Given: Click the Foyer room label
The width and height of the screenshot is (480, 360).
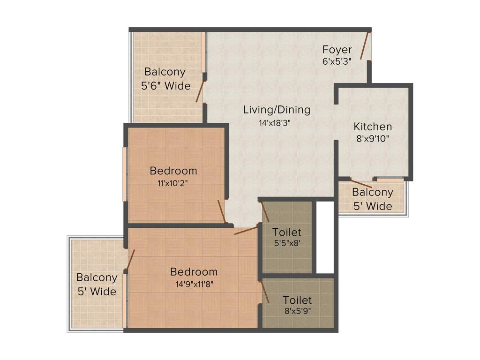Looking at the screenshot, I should [x=337, y=50].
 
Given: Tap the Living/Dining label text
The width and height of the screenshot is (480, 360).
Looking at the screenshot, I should [x=277, y=110].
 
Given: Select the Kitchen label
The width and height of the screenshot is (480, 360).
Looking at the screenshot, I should [x=373, y=127].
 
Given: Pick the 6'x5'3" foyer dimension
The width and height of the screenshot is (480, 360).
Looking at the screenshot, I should [x=337, y=61].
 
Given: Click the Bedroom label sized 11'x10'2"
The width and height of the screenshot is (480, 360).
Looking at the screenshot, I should [x=173, y=170].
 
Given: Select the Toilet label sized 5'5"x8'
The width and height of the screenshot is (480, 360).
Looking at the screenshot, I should [x=287, y=232].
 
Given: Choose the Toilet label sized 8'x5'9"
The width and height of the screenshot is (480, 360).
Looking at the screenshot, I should [x=297, y=300].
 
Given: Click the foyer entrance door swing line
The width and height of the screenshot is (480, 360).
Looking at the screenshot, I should [x=365, y=45].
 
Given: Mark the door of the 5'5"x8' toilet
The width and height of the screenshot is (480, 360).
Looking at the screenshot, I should [x=265, y=211].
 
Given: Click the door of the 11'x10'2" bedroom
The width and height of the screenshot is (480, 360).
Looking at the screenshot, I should [x=222, y=212].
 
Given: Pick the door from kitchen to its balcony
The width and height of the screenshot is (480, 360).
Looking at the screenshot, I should [x=361, y=184].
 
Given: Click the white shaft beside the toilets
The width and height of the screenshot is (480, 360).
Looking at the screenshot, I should [x=324, y=237].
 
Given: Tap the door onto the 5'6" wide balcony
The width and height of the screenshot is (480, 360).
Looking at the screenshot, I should [x=200, y=91].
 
